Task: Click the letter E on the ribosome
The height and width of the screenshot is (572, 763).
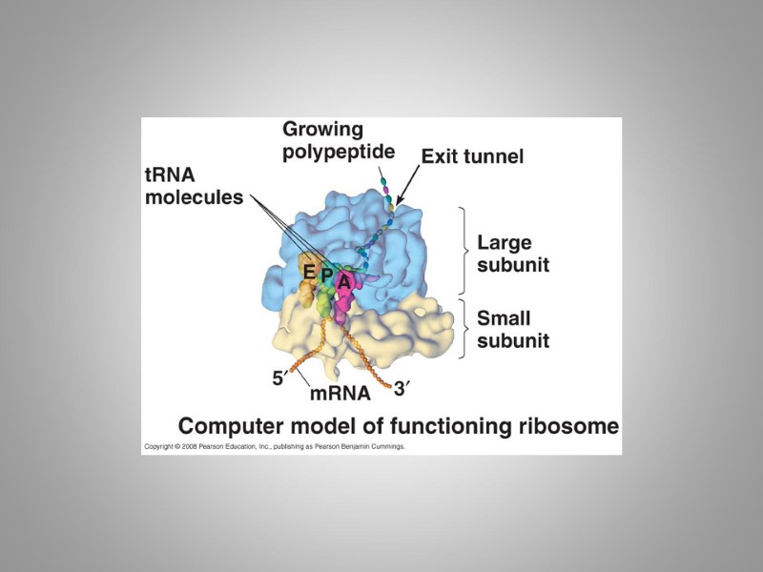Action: (309, 271)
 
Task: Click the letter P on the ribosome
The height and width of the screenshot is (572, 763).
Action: (326, 276)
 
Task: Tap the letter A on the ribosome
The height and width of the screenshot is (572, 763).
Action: (343, 281)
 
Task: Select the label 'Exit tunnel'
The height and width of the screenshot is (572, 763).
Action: (472, 155)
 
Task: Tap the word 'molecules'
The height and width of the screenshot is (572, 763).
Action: (194, 198)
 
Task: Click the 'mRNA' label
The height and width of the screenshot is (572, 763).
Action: (339, 392)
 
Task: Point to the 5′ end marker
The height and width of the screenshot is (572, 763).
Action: (278, 378)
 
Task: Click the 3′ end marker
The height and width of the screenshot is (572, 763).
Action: (402, 388)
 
